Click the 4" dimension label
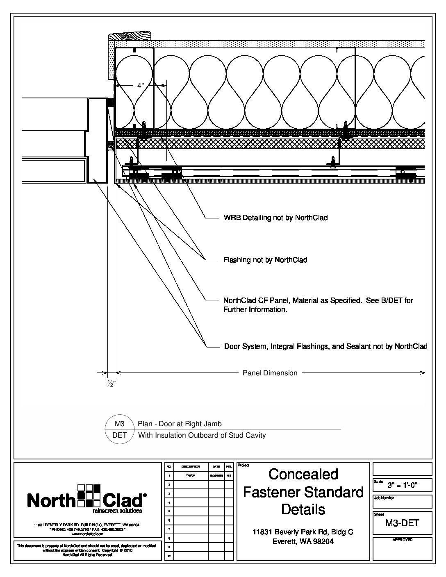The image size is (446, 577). pos(141,86)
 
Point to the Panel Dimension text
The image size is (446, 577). pos(270,373)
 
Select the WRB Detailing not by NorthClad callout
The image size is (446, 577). pos(275,218)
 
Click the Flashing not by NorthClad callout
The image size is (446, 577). pos(265,260)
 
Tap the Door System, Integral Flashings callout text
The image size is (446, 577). pos(325,347)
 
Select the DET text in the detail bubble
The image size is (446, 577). pos(119,435)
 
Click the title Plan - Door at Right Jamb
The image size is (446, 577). pos(180,424)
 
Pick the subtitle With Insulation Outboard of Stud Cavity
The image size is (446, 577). pos(202,435)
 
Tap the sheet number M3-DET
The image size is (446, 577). pos(402,523)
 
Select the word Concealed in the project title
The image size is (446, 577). pos(303,474)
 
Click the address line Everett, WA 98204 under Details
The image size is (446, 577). pos(303,541)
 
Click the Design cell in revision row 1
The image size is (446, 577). pos(190,476)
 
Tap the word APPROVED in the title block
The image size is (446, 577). pos(402,540)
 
